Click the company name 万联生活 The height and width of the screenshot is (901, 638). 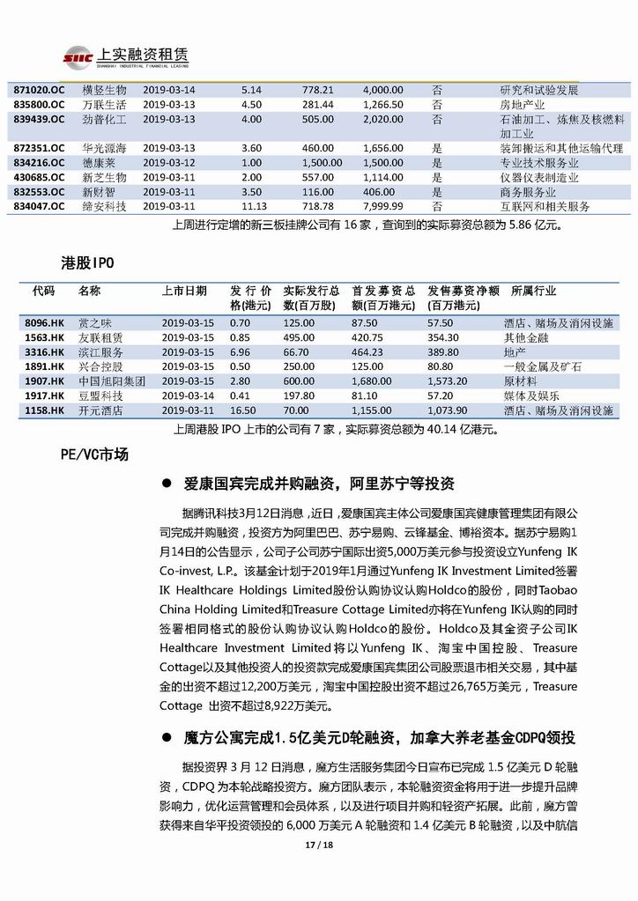coord(105,104)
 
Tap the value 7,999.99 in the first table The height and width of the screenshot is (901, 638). coord(383,206)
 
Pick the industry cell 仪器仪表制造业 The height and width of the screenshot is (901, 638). coord(540,177)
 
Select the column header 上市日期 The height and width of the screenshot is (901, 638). coord(184,291)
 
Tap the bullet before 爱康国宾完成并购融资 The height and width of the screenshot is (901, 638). coord(167,484)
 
